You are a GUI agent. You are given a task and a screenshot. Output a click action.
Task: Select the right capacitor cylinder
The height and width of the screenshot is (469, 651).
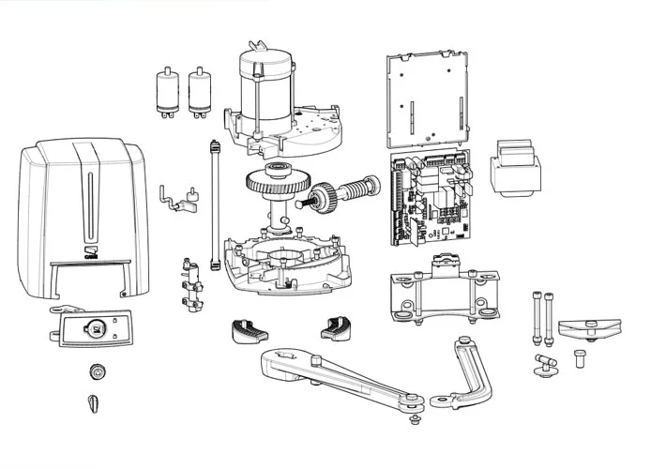pyautogui.click(x=200, y=93)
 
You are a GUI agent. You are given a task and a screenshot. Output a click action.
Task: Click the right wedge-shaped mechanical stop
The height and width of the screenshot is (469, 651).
pyautogui.click(x=336, y=327)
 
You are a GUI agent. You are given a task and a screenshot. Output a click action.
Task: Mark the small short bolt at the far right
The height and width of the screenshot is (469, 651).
pyautogui.click(x=580, y=357)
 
